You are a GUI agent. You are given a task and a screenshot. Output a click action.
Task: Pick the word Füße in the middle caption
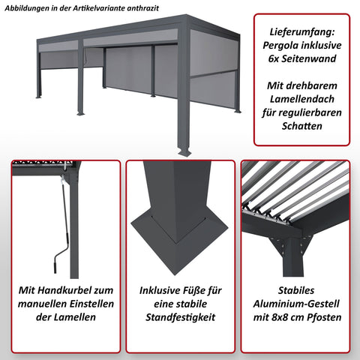click(212, 289)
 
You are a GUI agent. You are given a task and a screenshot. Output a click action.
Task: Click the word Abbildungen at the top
click(28, 7)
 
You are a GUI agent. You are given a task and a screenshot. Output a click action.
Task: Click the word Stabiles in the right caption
click(295, 289)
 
